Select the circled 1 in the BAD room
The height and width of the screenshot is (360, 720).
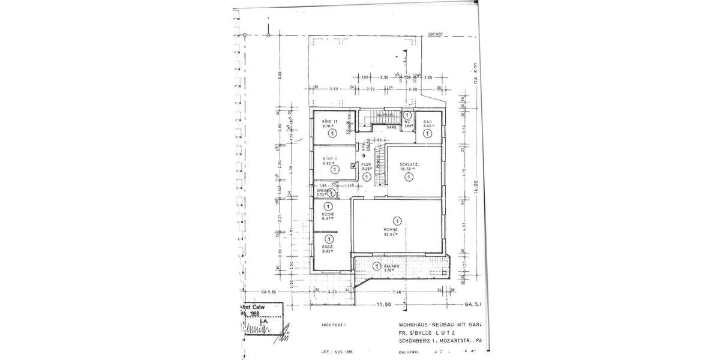[428, 134]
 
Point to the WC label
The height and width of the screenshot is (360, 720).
[406, 121]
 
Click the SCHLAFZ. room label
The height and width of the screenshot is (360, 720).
[409, 164]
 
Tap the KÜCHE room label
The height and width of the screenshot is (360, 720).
[327, 214]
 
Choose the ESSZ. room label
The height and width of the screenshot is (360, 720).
[327, 247]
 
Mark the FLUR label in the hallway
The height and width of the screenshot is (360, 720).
[365, 164]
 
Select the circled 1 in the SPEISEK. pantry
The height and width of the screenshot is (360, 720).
[332, 193]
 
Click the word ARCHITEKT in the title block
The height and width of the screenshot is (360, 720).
[335, 325]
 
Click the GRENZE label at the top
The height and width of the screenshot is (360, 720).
[434, 35]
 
